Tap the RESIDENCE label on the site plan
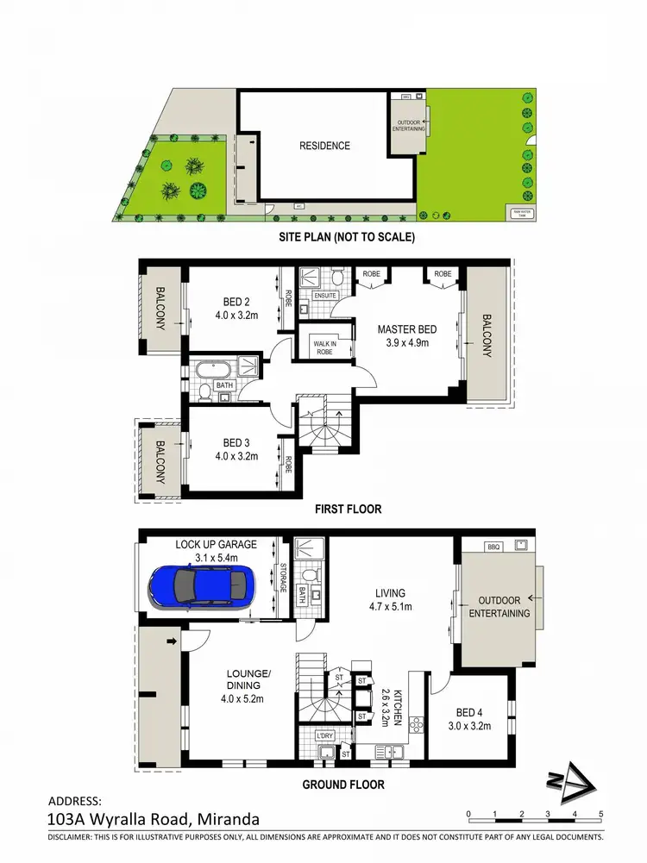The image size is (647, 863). click(324, 146)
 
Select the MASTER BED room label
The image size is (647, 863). click(407, 329)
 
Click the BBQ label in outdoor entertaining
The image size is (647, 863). click(493, 547)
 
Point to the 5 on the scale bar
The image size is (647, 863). click(600, 813)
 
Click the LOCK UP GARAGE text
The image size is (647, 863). click(216, 545)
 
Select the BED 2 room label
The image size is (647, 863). click(236, 302)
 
